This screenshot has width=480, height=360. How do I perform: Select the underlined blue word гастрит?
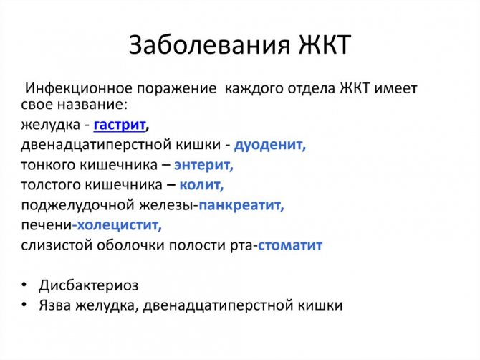coord(119,125)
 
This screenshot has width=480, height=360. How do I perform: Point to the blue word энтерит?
coord(204,165)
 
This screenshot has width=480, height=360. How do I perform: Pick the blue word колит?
coord(201,185)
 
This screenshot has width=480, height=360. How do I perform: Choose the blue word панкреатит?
coord(241,205)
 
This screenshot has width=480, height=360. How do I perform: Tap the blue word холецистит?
coord(119,225)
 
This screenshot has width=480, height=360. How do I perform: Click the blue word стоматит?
coord(290,245)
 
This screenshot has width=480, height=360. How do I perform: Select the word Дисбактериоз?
coord(90,285)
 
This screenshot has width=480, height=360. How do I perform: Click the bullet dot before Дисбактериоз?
coord(25,285)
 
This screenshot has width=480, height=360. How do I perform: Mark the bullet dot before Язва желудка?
coord(25,305)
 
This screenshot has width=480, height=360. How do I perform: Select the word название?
coord(88,105)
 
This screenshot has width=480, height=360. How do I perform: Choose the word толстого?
coord(48,185)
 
